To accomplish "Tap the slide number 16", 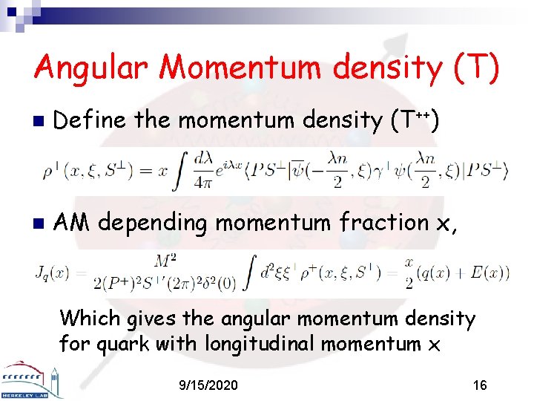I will (x=480, y=385).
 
